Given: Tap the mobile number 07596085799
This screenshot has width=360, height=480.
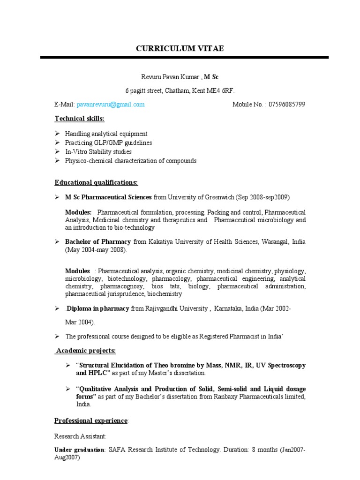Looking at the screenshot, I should tap(287, 105).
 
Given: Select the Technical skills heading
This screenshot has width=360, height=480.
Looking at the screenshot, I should tap(79, 119).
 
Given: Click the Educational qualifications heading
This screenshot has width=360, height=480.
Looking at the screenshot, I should tap(96, 182).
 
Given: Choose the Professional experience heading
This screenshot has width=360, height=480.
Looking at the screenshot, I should tap(90, 421).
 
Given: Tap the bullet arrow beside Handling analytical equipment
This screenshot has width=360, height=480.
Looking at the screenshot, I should tap(57, 134).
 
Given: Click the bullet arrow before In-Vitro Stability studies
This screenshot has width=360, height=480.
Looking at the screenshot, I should tap(57, 152).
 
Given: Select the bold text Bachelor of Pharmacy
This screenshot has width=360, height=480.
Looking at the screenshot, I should tap(98, 242).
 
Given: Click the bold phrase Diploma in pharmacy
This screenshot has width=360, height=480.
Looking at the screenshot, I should tap(97, 309).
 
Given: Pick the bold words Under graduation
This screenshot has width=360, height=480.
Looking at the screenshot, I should tap(79, 450).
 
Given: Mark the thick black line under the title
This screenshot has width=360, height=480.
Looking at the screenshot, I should tap(184, 58).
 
